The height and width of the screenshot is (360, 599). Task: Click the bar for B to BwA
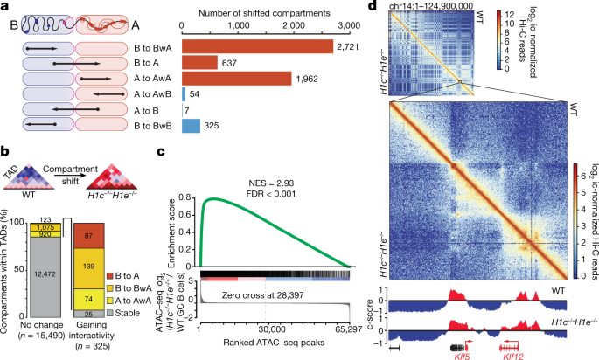pyautogui.click(x=257, y=46)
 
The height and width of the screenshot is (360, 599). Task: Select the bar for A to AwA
pyautogui.click(x=236, y=79)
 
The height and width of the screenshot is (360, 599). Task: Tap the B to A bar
pyautogui.click(x=199, y=62)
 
